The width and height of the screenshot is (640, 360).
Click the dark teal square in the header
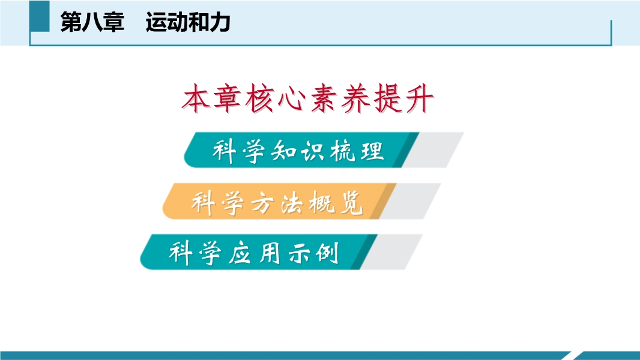tap(40, 16)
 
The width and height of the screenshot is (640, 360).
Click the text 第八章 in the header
tap(92, 22)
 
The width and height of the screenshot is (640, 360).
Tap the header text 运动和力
tap(188, 22)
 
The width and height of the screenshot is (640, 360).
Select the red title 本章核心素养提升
tap(307, 98)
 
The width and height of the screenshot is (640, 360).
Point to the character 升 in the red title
tap(419, 98)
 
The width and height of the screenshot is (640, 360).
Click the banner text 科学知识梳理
tap(298, 151)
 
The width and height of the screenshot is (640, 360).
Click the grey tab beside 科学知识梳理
tap(433, 150)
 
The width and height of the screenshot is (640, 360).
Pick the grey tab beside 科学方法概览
tap(410, 201)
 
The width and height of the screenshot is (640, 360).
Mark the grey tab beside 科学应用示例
tap(391, 251)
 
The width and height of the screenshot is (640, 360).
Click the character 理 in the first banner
tap(372, 151)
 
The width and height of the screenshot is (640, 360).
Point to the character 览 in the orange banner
tap(351, 202)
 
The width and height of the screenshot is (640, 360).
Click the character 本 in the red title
tap(195, 98)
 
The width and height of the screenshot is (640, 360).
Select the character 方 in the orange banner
tap(262, 202)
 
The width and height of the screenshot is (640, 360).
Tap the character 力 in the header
tap(220, 22)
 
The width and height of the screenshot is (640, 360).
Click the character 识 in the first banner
tap(312, 151)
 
